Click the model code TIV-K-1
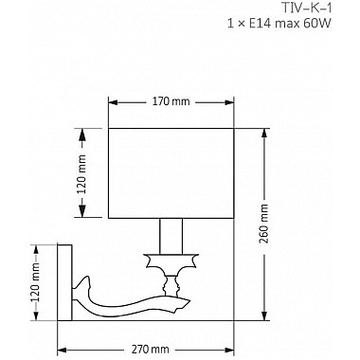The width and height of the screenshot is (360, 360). pos(306,8)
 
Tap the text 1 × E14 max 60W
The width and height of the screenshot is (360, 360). pos(279,24)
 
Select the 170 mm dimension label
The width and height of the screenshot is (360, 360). pos(171,101)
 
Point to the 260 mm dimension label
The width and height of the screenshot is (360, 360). pos(263,224)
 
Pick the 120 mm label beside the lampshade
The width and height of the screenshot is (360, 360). pos(81,174)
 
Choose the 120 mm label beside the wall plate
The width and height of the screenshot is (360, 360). pos(36,282)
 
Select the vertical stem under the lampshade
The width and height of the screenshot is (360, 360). pos(171,236)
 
